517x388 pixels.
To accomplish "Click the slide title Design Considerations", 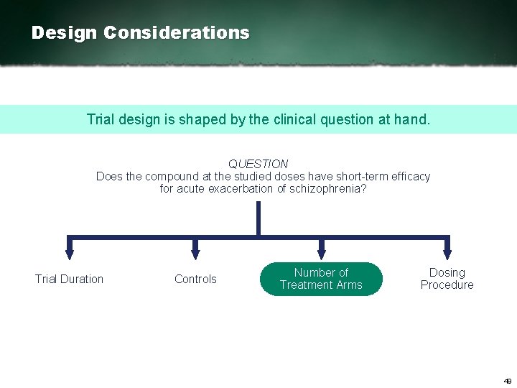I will coord(141,33).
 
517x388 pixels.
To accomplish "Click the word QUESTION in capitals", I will coord(258,164).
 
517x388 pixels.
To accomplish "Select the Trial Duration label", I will coord(70,279).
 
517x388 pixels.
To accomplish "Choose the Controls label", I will coord(195,279).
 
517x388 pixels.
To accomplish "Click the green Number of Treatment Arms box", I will coord(321,279).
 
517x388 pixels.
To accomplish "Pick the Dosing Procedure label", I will coord(447,279).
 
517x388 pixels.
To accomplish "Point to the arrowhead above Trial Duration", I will coord(70,253).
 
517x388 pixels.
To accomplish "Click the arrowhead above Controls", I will coord(195,253).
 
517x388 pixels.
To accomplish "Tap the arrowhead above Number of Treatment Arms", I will coord(322,253).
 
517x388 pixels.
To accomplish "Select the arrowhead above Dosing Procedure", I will coord(447,253).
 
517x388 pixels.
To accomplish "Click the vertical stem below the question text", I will coord(258,218).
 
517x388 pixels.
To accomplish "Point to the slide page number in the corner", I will coord(507,381).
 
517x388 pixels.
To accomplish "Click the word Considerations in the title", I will coord(177,33).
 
